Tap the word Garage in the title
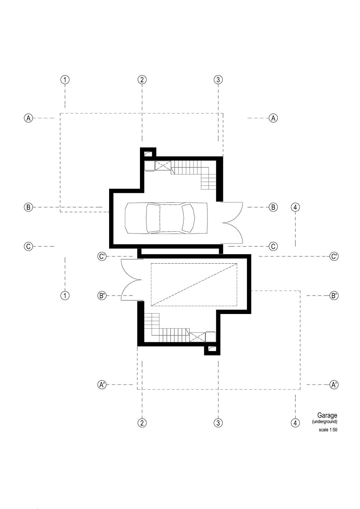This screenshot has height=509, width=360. [x=327, y=415]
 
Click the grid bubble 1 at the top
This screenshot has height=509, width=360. [x=65, y=79]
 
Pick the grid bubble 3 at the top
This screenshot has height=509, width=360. [x=218, y=79]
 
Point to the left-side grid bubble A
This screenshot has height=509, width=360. [x=29, y=118]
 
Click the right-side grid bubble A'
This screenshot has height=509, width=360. [x=334, y=385]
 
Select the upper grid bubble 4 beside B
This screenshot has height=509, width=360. [x=295, y=207]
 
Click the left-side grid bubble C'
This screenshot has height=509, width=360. [x=102, y=256]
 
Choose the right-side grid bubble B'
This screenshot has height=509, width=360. [x=334, y=295]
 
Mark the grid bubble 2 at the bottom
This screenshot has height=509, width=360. [x=142, y=423]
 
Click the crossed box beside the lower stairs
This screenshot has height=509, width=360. [x=197, y=337]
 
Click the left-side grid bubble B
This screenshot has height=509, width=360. [x=29, y=207]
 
